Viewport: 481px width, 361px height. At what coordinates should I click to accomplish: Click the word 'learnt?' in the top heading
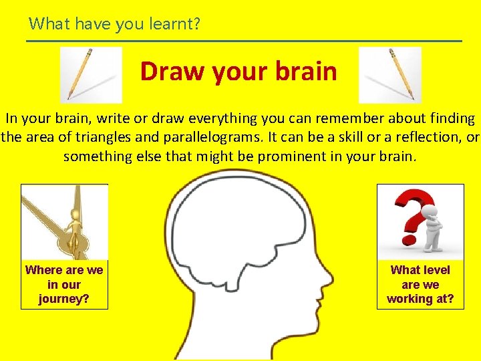pyautogui.click(x=177, y=25)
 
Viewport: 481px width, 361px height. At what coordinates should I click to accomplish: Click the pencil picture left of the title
pyautogui.click(x=91, y=74)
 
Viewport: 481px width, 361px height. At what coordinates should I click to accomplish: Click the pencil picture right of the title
pyautogui.click(x=390, y=74)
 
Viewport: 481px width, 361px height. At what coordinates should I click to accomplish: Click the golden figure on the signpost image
pyautogui.click(x=73, y=231)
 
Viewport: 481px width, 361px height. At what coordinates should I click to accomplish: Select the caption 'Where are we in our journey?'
pyautogui.click(x=64, y=284)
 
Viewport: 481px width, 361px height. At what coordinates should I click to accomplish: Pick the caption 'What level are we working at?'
pyautogui.click(x=420, y=284)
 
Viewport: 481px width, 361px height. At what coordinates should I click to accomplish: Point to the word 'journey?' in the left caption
pyautogui.click(x=64, y=299)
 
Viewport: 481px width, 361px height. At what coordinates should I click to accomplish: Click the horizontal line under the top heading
pyautogui.click(x=244, y=41)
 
